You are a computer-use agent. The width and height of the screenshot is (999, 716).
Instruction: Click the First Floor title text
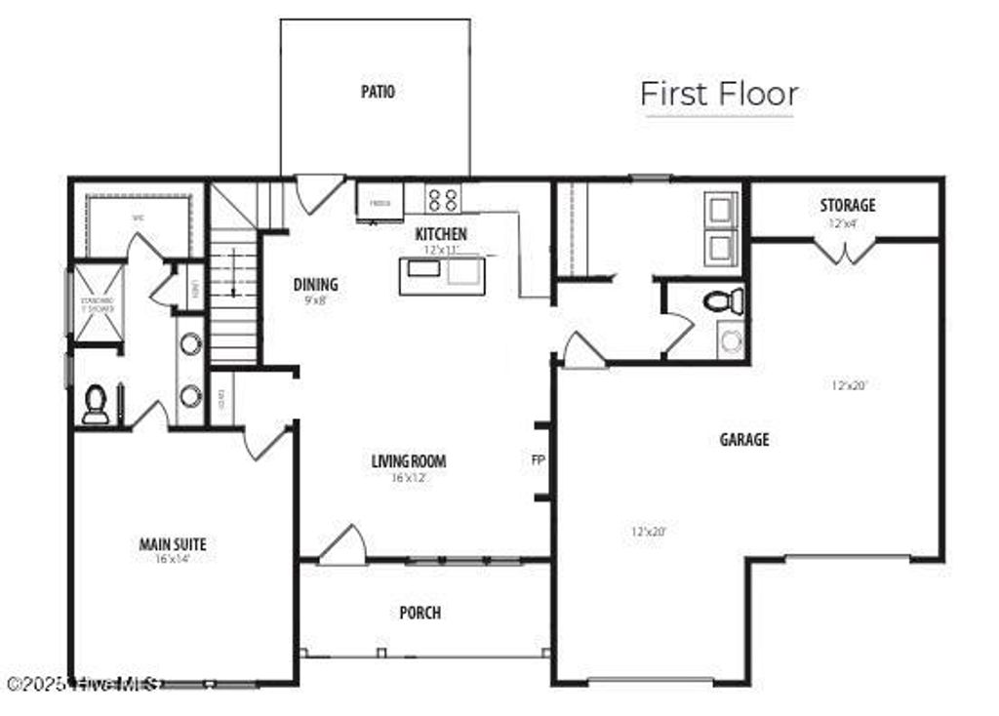719,95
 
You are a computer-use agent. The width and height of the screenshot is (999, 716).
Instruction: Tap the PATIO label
378,92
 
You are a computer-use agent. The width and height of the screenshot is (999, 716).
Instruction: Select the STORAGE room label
847,205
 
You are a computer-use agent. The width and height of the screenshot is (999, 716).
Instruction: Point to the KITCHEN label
441,234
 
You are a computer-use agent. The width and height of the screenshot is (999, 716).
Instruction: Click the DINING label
315,285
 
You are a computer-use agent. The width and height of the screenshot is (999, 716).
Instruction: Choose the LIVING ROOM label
409,461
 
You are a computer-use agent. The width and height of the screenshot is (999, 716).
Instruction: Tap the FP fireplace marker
538,458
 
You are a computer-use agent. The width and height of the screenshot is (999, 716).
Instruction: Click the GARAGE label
744,440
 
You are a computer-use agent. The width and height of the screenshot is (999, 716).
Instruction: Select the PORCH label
420,613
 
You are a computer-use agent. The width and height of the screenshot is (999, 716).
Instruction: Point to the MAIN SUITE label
173,544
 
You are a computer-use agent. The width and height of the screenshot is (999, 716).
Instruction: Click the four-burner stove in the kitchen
443,199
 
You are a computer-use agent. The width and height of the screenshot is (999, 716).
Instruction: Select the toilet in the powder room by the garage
723,300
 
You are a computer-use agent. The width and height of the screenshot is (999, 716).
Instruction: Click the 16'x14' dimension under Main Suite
173,560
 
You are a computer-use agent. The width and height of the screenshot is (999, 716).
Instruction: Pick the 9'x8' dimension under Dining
315,301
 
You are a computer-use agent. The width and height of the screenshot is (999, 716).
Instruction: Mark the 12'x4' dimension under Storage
846,222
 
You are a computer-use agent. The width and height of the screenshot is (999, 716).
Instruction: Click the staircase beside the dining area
234,293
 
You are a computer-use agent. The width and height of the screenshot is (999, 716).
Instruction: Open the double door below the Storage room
845,252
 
